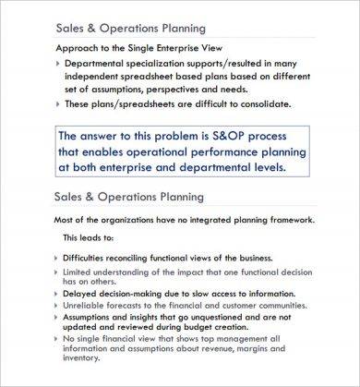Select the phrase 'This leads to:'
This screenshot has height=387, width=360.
point(89,237)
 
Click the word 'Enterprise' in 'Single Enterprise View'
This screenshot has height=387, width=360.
point(196,46)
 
